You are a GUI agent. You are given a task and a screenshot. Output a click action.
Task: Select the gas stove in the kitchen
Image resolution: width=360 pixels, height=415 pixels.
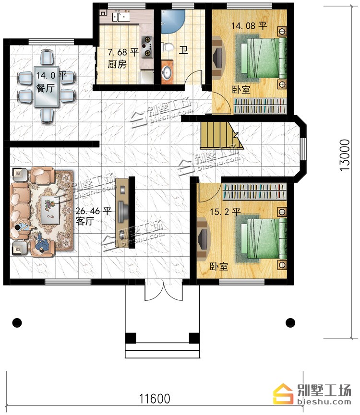147,47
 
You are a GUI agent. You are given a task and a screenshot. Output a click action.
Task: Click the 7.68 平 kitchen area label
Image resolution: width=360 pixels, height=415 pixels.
123,52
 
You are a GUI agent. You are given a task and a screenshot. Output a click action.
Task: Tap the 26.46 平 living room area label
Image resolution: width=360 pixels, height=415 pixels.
93,211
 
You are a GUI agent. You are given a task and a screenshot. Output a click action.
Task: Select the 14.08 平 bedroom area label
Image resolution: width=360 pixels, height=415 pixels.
249,26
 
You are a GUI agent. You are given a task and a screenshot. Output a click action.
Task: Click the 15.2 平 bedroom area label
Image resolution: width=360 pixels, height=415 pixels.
225,212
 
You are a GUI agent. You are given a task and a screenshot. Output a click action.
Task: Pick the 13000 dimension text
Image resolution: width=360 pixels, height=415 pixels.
345,155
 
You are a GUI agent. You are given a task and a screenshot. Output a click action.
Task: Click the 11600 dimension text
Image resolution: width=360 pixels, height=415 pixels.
155,399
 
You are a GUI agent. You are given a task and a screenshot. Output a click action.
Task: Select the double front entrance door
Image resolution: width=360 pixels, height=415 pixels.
164,291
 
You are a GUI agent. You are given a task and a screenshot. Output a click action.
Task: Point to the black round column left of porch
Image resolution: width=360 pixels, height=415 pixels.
17,322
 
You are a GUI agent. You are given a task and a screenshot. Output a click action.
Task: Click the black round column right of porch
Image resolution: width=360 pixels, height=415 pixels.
290,322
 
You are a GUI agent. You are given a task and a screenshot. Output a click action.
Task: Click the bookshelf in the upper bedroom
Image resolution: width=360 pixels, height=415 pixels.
260,106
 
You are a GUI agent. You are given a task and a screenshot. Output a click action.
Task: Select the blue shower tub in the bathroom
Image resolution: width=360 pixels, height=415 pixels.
172,22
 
